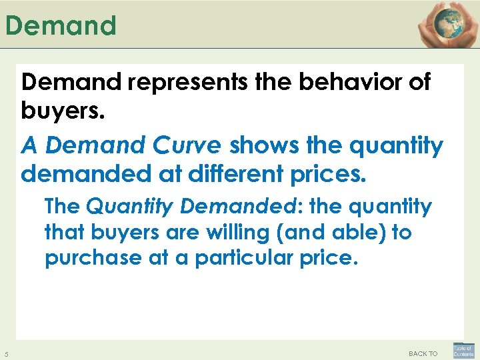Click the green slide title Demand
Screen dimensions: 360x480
point(61,26)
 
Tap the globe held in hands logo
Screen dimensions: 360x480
point(443,24)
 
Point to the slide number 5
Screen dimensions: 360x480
point(6,353)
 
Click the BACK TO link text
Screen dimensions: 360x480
point(423,353)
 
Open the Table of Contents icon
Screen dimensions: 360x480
point(463,351)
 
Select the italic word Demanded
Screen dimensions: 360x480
point(235,207)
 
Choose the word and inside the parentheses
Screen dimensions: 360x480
point(317,233)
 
